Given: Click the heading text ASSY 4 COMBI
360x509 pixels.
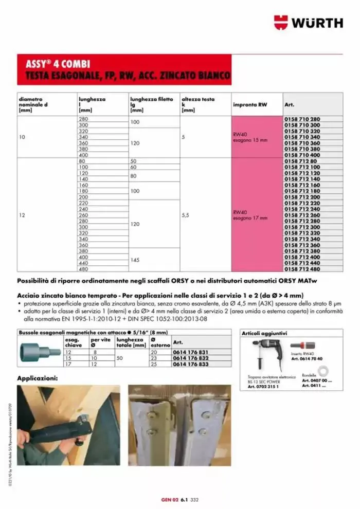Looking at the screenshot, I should pyautogui.click(x=58, y=64).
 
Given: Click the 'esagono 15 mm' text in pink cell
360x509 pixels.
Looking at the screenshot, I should pyautogui.click(x=250, y=140).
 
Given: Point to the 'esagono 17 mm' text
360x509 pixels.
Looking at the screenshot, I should pyautogui.click(x=250, y=218).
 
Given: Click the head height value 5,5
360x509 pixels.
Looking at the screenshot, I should pyautogui.click(x=187, y=215).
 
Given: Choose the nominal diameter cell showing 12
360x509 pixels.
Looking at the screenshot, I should pyautogui.click(x=23, y=215).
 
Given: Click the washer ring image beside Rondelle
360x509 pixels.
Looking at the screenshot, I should pyautogui.click(x=323, y=370).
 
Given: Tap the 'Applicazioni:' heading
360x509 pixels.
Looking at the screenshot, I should pyautogui.click(x=38, y=378).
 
